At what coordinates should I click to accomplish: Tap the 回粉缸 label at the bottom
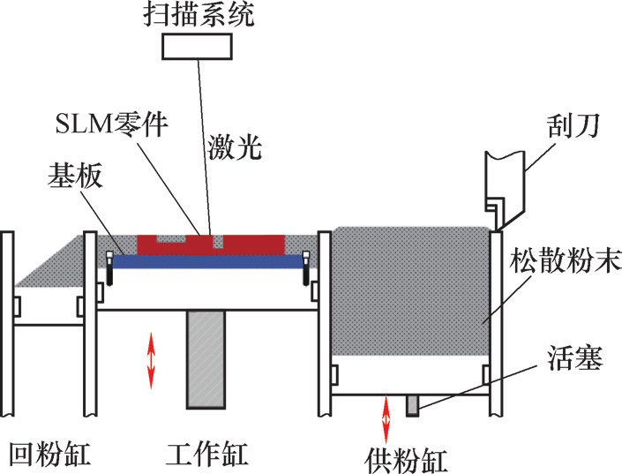(45, 454)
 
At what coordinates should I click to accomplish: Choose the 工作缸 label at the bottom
(206, 454)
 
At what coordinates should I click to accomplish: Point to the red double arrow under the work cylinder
(151, 358)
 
